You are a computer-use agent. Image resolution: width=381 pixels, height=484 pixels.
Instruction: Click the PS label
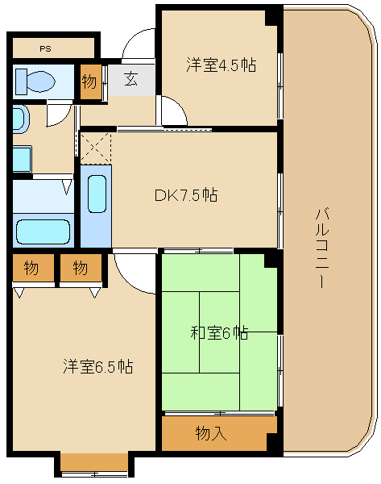pos(45,48)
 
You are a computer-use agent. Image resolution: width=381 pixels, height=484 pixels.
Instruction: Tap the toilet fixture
pos(35,81)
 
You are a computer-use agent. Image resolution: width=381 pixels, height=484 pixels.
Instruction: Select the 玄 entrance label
pos(130,79)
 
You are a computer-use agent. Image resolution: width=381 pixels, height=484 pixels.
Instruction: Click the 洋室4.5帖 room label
pos(221,65)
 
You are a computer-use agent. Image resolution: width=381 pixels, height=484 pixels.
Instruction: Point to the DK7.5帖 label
pos(186,195)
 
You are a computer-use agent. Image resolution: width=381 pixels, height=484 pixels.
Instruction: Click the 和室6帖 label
pos(219,332)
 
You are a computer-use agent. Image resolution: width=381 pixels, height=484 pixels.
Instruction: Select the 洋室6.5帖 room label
pos(98,366)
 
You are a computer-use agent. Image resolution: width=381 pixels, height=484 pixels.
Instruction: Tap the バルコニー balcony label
pos(322,248)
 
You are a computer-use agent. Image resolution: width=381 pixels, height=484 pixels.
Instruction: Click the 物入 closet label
pos(211,433)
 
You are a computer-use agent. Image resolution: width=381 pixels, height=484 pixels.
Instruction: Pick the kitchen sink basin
pos(97,194)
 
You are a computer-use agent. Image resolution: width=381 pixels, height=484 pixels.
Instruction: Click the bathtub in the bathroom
pos(43,232)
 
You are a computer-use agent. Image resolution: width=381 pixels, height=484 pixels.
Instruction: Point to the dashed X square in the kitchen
pos(96,148)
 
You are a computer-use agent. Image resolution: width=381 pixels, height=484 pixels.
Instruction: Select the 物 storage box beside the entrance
pos(91,81)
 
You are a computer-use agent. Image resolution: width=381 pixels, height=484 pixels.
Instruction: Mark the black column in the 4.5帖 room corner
pos(271,18)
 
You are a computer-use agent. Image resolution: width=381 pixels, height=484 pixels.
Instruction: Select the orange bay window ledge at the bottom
pos(94,462)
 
